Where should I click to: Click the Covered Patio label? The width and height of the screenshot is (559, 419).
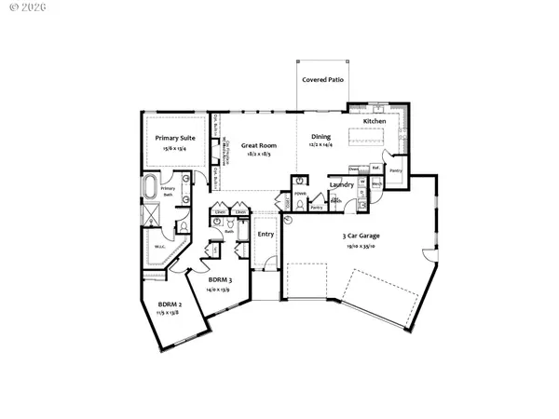click(x=323, y=81)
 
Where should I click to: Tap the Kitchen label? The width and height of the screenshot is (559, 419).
click(x=375, y=122)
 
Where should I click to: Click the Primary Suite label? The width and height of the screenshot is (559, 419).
click(x=174, y=137)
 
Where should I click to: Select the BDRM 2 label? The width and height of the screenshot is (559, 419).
click(x=170, y=304)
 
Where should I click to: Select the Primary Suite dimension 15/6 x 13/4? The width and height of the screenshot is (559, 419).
click(x=174, y=147)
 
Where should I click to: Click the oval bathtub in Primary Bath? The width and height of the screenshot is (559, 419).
click(x=151, y=189)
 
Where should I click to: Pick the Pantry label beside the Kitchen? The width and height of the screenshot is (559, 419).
click(x=395, y=171)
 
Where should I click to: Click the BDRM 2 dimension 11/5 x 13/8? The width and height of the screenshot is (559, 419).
click(x=170, y=315)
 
